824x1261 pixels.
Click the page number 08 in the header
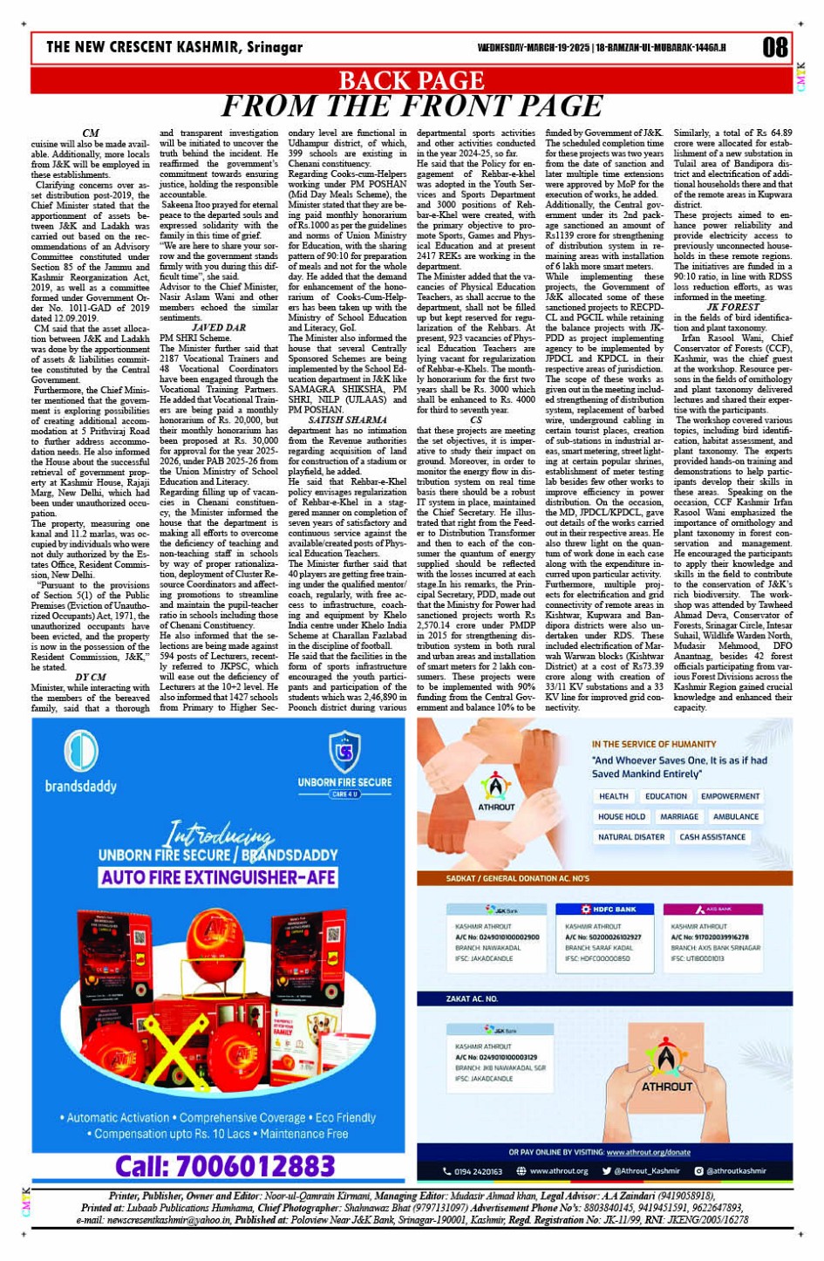pos(774,47)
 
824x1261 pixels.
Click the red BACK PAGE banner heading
pos(411,80)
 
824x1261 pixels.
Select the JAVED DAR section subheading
pos(218,328)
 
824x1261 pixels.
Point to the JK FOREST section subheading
pos(733,307)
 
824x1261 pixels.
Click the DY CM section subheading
pos(91,677)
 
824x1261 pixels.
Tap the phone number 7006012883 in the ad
pos(225,1166)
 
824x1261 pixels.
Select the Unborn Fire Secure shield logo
pos(344,751)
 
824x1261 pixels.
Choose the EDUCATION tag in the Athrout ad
pos(666,796)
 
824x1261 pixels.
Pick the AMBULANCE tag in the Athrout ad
pos(736,817)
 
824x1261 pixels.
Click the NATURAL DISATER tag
pos(631,837)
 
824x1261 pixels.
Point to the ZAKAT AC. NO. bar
pos(473,999)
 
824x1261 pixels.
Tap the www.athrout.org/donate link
pos(648,1152)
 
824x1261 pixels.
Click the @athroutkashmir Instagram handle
pos(736,1171)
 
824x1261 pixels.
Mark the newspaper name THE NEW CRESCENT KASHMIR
pos(174,47)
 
